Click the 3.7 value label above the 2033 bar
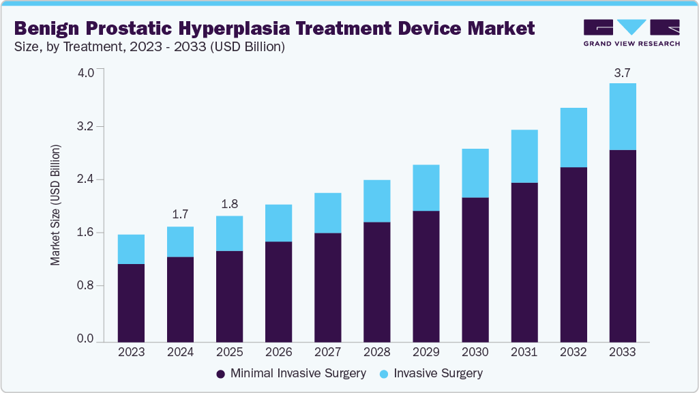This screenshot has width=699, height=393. click(x=622, y=72)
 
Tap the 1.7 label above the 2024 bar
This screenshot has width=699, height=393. click(x=180, y=214)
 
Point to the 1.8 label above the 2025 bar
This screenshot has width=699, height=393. click(x=229, y=203)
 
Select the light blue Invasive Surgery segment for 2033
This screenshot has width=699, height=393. click(x=622, y=116)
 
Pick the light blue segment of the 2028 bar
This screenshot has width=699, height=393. click(x=376, y=201)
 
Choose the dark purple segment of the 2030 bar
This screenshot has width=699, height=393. click(x=475, y=269)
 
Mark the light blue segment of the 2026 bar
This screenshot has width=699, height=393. click(x=278, y=222)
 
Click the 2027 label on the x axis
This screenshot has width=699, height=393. click(x=327, y=353)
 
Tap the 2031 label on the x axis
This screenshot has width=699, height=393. click(x=524, y=353)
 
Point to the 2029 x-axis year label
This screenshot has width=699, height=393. click(x=426, y=353)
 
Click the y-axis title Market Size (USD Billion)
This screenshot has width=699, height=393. click(x=55, y=205)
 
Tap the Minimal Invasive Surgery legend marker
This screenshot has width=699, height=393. click(x=220, y=374)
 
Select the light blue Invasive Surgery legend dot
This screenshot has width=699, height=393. click(x=384, y=374)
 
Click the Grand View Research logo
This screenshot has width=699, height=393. click(x=631, y=32)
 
